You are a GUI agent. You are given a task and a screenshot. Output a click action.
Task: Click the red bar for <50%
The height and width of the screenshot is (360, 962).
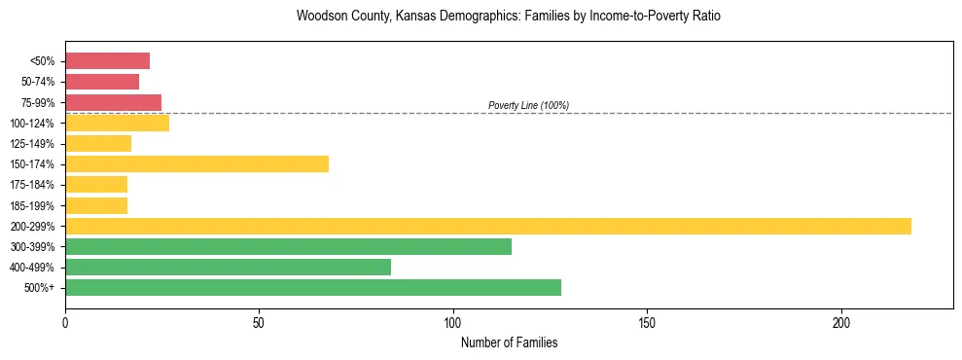tap(107, 60)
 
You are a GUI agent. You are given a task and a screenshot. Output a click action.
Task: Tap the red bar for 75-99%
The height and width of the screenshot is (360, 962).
tap(113, 102)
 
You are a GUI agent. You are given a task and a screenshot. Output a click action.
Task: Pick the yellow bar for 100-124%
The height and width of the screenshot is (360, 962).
tap(117, 123)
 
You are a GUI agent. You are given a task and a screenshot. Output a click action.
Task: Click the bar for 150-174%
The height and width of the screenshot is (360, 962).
tap(196, 163)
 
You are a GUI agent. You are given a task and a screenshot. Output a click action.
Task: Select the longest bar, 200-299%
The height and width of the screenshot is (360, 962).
tap(487, 226)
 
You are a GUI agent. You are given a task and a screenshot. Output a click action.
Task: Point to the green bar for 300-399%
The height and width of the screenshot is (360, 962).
tap(288, 246)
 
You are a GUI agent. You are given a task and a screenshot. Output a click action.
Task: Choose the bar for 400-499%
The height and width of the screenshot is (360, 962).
tap(228, 267)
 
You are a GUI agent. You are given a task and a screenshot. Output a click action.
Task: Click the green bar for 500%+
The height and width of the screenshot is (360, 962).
tap(312, 287)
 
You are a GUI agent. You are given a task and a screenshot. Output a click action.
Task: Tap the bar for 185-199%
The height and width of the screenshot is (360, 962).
tap(96, 205)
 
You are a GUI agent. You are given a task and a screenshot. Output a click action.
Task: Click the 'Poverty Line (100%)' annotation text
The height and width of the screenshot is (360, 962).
tap(528, 105)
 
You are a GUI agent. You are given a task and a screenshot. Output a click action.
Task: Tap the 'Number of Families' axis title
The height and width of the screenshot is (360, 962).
tap(509, 342)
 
